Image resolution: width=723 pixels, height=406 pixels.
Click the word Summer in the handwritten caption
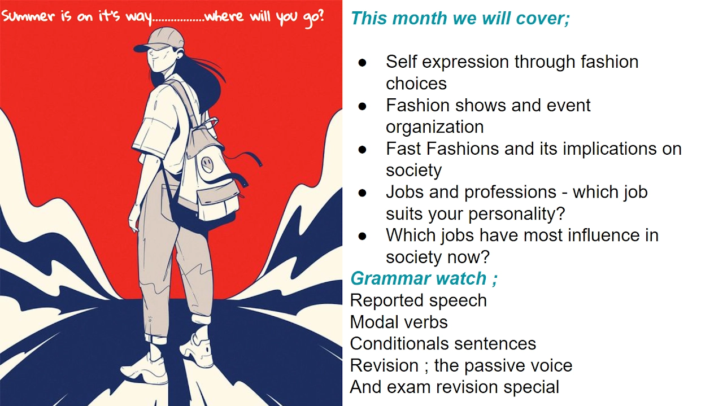(28, 16)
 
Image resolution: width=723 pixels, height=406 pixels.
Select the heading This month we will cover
(460, 18)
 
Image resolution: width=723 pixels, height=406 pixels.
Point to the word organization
(435, 126)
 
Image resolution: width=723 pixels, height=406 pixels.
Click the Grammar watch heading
(424, 278)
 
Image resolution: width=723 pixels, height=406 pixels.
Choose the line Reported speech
(419, 301)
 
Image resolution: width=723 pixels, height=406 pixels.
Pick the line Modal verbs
(399, 322)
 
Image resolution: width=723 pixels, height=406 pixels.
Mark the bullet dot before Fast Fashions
(362, 150)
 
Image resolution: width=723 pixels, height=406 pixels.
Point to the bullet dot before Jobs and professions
(362, 193)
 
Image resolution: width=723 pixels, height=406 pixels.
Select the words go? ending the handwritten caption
(313, 17)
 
